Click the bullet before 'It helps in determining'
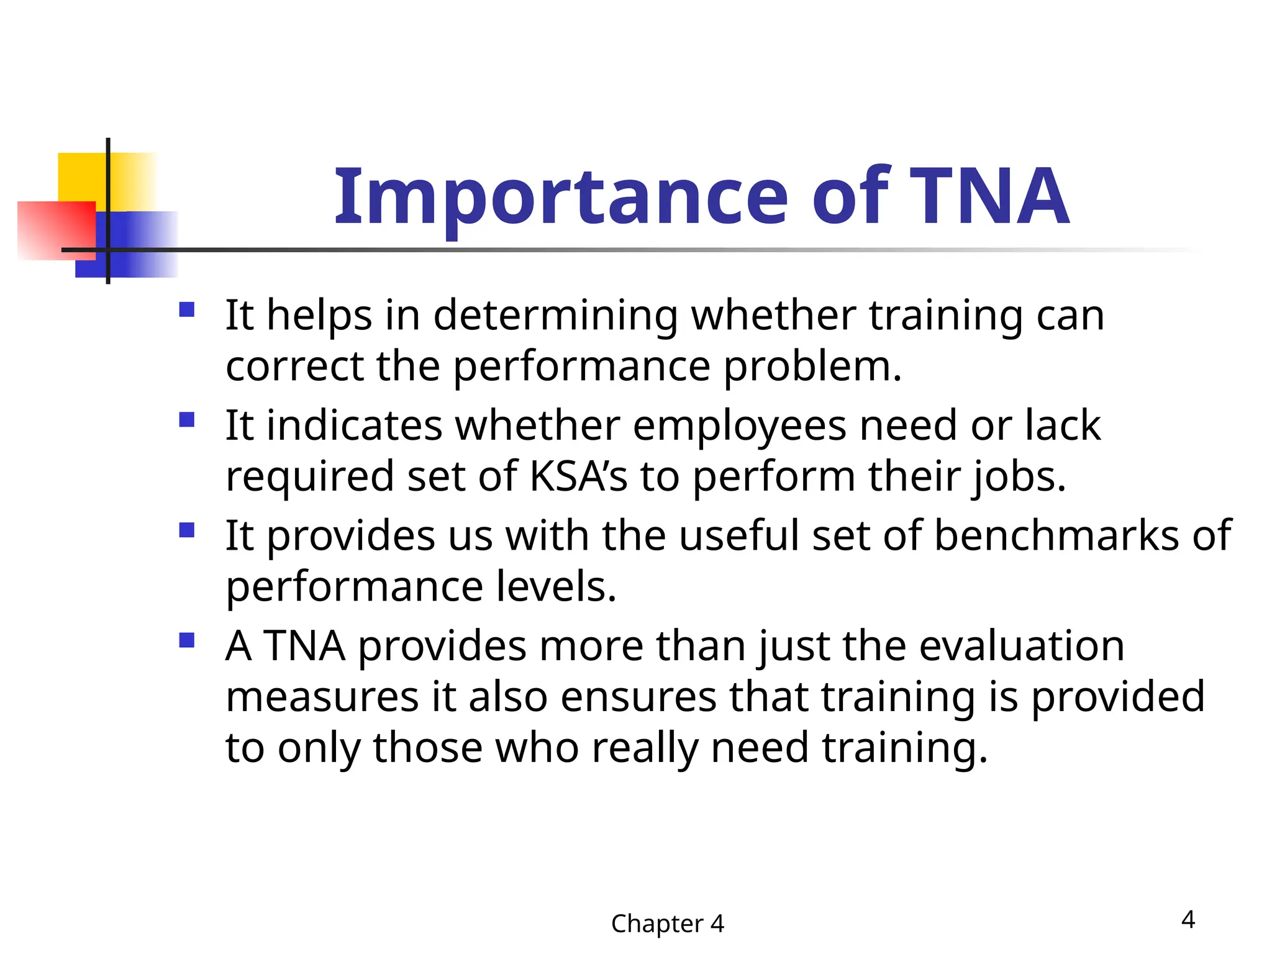point(187,309)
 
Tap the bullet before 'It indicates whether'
point(187,420)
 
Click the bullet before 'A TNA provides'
point(187,640)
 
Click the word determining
point(555,316)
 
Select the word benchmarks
point(1056,535)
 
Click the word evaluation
point(1022,646)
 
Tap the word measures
point(322,697)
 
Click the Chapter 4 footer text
point(668,924)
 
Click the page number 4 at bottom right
point(1188,919)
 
